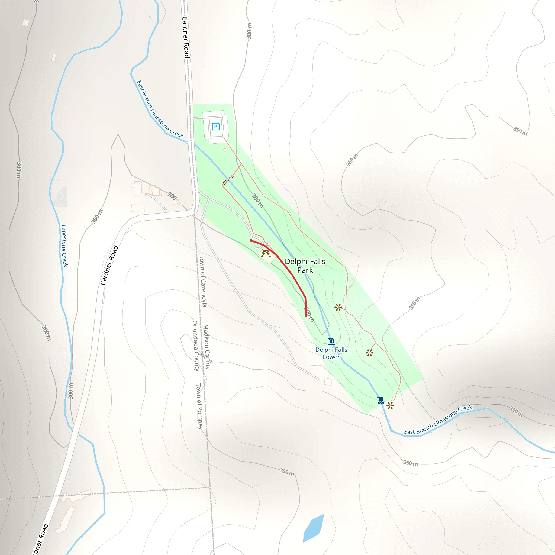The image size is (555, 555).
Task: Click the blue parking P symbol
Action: pos(215,126)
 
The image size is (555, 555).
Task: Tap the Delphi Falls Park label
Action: pos(305,266)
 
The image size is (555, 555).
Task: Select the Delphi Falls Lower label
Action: pos(331,353)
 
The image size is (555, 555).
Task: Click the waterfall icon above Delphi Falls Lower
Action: pos(331,341)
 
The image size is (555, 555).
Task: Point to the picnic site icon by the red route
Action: pos(265,253)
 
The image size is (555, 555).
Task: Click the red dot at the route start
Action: pos(251,241)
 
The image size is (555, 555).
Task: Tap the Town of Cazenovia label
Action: pos(203,281)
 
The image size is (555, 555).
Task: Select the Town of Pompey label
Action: pos(199,406)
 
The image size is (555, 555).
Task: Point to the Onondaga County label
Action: pos(195,346)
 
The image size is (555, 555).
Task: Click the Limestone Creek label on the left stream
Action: pos(64,246)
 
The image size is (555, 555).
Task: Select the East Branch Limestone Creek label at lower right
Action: pos(438,420)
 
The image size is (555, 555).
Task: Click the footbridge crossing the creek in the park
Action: pos(228,180)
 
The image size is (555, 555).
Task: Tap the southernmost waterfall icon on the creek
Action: pos(381,400)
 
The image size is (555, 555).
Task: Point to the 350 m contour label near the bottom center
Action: pos(287,472)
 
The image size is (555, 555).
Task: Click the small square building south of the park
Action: pos(328,382)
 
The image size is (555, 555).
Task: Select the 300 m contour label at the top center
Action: pos(249,31)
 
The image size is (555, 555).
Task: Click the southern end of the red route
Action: pos(306,316)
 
